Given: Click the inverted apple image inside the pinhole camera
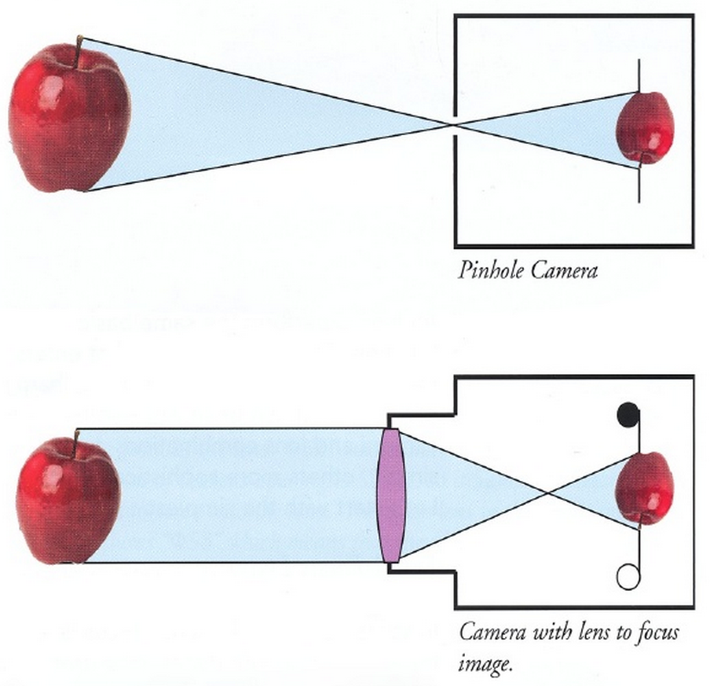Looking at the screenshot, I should tap(645, 127).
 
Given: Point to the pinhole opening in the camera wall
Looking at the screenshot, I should tap(455, 124).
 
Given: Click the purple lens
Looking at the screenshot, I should tap(390, 495).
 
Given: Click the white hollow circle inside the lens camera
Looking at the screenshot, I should tap(628, 578).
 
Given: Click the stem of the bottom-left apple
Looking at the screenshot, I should tap(77, 438).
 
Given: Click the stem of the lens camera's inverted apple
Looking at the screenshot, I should tap(642, 519).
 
